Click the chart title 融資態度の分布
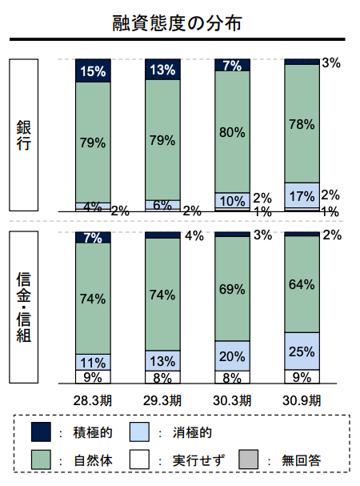[177, 23]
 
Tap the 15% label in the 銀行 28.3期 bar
[93, 71]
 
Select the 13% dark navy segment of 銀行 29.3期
[162, 70]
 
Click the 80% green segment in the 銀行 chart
[232, 132]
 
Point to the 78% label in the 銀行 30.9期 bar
[302, 124]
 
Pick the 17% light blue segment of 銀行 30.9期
[302, 195]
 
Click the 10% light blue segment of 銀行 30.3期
[232, 200]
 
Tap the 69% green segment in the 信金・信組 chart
[232, 289]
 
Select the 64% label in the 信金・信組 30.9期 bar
[302, 284]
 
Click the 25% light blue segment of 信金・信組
[302, 351]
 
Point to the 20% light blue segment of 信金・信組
[232, 355]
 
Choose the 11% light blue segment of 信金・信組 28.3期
[93, 363]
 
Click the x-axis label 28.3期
[93, 400]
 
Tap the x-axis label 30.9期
[302, 400]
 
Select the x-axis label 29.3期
[162, 400]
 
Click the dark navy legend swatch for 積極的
[41, 432]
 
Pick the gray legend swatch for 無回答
[249, 460]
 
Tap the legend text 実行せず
[198, 460]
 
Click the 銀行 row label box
[24, 135]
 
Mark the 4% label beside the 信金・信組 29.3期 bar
[194, 235]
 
